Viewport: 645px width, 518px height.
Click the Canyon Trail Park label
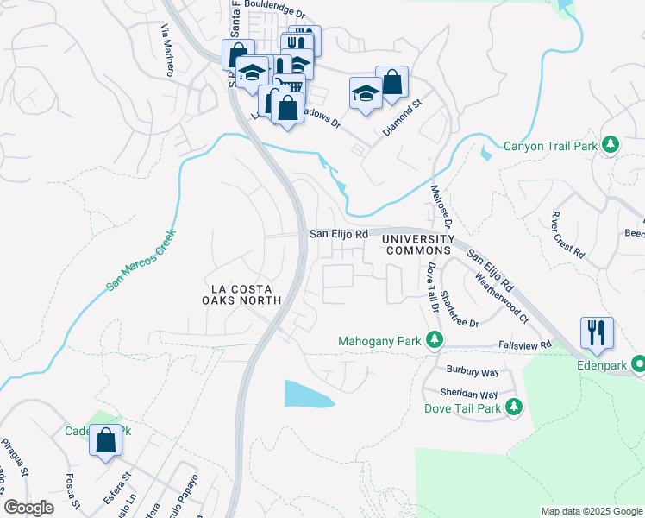(550, 146)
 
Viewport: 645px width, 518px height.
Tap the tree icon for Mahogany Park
(435, 341)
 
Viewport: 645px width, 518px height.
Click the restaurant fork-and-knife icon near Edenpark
(598, 332)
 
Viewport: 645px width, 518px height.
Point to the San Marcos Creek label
(141, 260)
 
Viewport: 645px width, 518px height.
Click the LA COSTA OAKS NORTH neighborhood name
(241, 294)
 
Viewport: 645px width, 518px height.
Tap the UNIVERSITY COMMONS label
(418, 244)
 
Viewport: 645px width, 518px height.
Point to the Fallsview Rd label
(525, 344)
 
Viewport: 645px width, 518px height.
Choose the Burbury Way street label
(473, 370)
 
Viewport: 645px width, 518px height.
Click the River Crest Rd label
(567, 235)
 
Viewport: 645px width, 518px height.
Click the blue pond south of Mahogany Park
(309, 394)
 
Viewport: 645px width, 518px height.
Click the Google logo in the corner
(29, 508)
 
